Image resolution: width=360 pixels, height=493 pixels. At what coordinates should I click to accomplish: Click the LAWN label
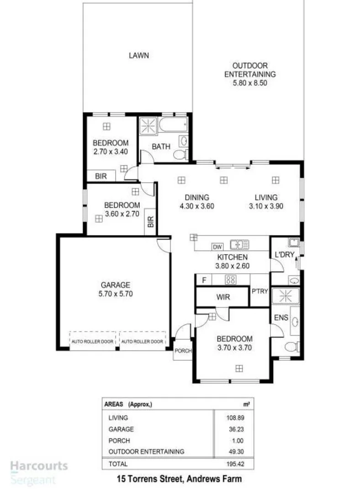pyautogui.click(x=138, y=56)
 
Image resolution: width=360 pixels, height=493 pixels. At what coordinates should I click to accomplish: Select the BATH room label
pyautogui.click(x=161, y=147)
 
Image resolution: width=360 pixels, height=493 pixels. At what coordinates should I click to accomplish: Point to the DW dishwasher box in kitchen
pyautogui.click(x=217, y=247)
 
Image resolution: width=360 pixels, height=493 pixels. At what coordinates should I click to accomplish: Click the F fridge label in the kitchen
pyautogui.click(x=203, y=280)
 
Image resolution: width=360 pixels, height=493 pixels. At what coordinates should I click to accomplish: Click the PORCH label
pyautogui.click(x=183, y=351)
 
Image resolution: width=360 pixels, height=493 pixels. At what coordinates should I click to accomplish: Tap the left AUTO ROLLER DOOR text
pyautogui.click(x=93, y=341)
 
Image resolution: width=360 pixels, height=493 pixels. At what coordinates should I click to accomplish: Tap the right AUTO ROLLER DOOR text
pyautogui.click(x=142, y=341)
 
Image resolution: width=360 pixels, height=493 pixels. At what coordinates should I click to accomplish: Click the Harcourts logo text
pyautogui.click(x=39, y=467)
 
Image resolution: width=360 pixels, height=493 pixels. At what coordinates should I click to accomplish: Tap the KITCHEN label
pyautogui.click(x=232, y=258)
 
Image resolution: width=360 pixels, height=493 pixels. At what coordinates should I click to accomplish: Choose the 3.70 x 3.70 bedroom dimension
pyautogui.click(x=234, y=347)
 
